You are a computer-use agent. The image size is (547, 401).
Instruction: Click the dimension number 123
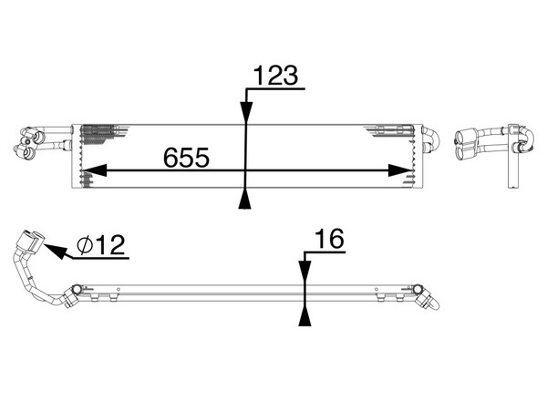coord(275,76)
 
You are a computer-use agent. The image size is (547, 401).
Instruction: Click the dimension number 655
coord(186,158)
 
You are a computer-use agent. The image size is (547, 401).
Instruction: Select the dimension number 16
coord(329,239)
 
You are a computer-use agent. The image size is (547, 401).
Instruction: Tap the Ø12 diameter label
coord(101,244)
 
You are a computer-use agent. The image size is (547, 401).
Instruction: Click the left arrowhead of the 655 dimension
coord(94,170)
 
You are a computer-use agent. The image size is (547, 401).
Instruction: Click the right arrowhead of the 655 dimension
coord(400,170)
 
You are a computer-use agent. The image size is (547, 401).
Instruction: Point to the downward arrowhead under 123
coord(246,112)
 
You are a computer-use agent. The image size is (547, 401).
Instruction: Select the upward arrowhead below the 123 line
coord(245,199)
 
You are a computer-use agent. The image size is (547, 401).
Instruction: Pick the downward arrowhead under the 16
coord(305,271)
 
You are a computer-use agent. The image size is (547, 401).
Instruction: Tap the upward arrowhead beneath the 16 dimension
coord(304,316)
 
